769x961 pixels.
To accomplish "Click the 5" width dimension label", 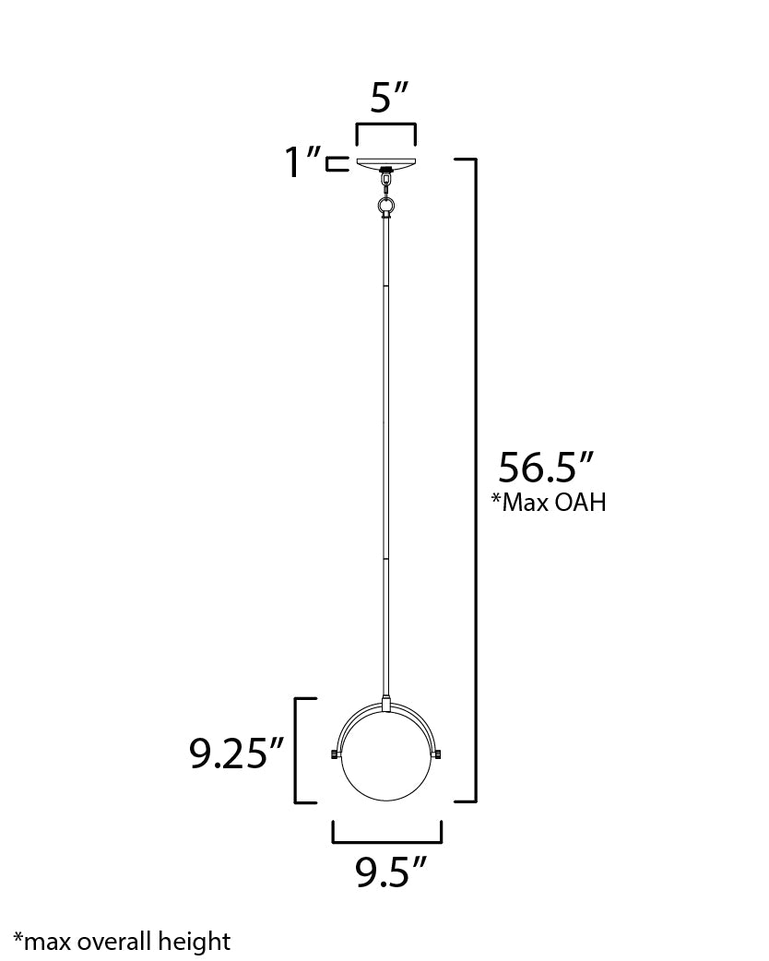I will pos(385,98).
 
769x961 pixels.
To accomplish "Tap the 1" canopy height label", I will pos(302,164).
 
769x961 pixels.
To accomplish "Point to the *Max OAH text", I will pos(548,504).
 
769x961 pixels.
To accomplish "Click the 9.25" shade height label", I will pos(236,753).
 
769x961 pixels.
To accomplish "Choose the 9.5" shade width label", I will pos(392,872).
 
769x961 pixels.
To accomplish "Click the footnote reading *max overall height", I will pos(122,942).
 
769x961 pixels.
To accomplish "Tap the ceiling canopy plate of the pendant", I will pos(385,164).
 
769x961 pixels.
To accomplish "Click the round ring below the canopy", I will pos(385,204).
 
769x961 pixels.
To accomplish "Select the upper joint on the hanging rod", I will pos(385,287).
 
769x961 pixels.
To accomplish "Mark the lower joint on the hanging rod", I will pos(385,557).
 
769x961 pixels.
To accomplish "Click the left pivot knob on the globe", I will pos(334,755).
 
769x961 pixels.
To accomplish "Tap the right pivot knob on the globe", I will pos(440,755).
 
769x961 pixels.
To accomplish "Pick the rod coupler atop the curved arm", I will pos(386,704).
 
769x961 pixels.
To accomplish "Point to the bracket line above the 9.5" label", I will pos(386,840).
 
